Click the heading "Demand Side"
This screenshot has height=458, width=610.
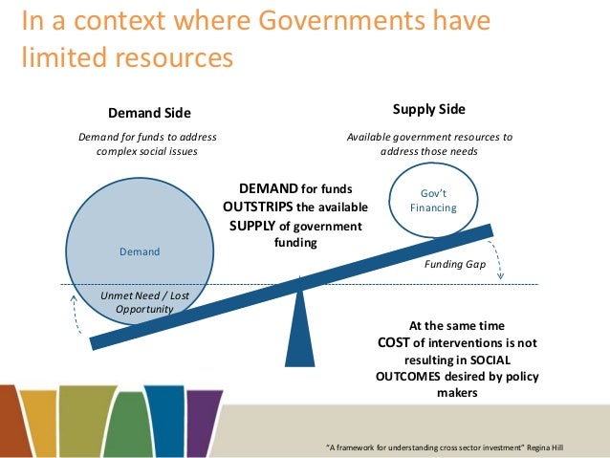click(148, 113)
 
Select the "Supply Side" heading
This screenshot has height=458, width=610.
click(429, 109)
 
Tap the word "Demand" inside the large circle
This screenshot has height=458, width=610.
click(139, 251)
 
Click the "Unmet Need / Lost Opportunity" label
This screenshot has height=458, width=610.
click(144, 302)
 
